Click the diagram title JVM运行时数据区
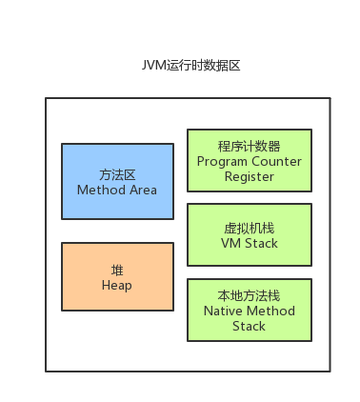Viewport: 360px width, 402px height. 190,66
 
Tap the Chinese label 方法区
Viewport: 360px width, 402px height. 117,175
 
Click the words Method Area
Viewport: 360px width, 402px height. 117,190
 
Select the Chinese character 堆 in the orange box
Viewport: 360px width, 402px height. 117,271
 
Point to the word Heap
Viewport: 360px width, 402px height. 117,286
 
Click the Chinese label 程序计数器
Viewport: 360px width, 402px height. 250,147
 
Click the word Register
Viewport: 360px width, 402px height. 250,177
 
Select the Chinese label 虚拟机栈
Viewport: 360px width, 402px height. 250,229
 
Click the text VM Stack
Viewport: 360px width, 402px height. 250,243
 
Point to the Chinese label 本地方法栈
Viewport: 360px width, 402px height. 250,295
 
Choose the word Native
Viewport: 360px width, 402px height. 221,311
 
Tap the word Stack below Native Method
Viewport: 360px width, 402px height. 249,326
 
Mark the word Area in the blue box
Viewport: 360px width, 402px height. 143,190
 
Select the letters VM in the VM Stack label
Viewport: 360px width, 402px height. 231,243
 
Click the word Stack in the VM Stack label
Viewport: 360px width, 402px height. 262,243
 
